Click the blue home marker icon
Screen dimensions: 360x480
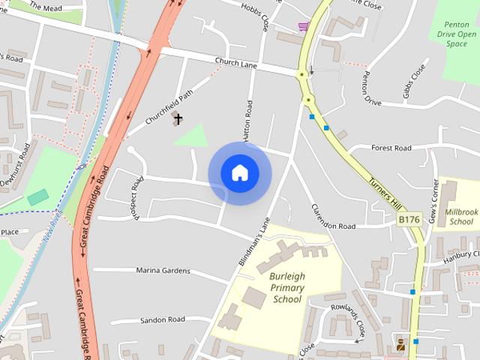239,173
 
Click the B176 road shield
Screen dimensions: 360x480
409,219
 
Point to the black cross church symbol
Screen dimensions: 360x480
178,118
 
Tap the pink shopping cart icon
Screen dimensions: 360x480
303,27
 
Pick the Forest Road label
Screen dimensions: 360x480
391,148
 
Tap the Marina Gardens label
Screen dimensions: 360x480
163,270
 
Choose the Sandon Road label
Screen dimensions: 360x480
162,319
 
